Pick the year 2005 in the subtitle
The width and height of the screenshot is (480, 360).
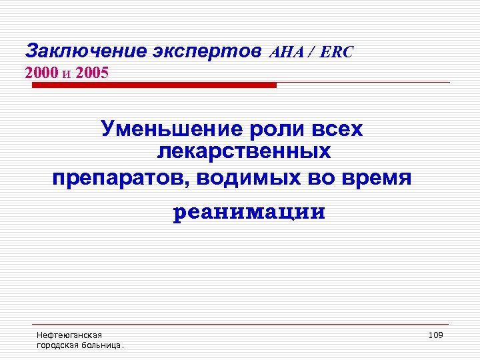click(92, 71)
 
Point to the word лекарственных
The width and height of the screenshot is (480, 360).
click(243, 153)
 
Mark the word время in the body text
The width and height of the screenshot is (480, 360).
click(379, 178)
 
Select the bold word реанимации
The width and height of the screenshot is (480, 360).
click(249, 213)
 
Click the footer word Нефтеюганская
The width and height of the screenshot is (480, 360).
click(69, 335)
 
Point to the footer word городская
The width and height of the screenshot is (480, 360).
click(56, 345)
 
